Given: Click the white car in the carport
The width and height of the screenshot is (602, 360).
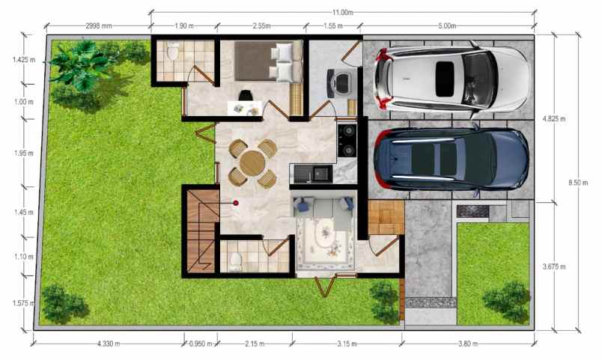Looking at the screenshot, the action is (452, 79).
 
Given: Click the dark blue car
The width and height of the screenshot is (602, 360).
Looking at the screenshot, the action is (451, 159).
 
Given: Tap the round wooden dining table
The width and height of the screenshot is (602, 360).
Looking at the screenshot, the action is (252, 163).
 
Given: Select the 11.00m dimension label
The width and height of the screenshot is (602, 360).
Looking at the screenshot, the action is (343, 12).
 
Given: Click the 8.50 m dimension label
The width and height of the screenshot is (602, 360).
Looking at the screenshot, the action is (578, 183).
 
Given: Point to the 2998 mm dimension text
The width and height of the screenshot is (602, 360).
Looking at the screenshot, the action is (99, 25).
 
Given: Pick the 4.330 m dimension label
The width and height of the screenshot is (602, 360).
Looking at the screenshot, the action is (109, 344).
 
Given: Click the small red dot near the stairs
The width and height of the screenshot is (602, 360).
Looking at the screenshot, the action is (236, 203).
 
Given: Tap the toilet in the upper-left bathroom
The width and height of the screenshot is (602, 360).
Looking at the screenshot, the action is (173, 51).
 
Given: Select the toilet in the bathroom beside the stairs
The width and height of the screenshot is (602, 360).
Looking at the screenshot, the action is (235, 262).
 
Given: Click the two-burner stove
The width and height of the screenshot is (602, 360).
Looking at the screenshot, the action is (347, 140).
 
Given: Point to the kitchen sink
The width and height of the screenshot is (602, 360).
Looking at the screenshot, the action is (322, 174).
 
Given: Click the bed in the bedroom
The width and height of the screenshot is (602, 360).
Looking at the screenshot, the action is (268, 61).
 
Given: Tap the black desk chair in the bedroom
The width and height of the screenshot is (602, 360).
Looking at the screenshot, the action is (246, 96).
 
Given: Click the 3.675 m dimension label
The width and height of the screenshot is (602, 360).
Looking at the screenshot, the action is (554, 266).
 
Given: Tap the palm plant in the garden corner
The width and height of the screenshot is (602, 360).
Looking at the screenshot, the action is (82, 65).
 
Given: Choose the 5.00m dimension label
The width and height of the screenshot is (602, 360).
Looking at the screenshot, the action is (447, 25).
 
